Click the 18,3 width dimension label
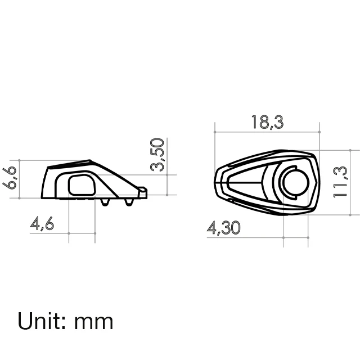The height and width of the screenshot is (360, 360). (267, 122)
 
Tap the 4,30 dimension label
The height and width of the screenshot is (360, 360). (224, 228)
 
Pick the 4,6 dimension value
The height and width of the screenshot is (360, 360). (42, 224)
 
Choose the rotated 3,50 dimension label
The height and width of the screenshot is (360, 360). (158, 154)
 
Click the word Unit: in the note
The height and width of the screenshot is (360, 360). (42, 321)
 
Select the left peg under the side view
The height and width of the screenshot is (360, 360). (105, 201)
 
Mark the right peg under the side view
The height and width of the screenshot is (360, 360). (129, 201)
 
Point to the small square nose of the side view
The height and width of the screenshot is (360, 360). (142, 192)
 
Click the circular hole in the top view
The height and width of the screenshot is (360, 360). (294, 182)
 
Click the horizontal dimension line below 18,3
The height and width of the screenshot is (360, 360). (267, 132)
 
